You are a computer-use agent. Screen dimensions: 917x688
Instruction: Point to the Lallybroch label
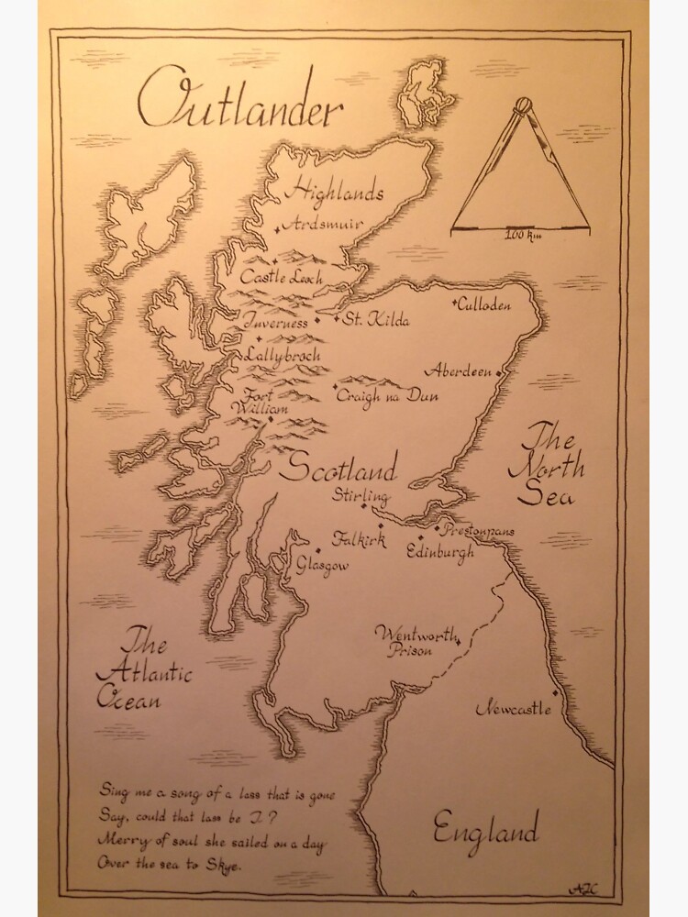point(282,352)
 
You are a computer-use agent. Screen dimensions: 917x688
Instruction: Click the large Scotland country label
point(338,470)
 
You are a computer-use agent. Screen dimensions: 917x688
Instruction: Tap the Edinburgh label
point(442,552)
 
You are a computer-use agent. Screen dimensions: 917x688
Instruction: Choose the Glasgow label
point(322,566)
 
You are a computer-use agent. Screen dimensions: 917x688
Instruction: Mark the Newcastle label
point(514,709)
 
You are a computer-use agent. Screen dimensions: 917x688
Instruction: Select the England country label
point(485,832)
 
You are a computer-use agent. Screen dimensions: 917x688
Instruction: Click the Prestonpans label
point(478,531)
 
